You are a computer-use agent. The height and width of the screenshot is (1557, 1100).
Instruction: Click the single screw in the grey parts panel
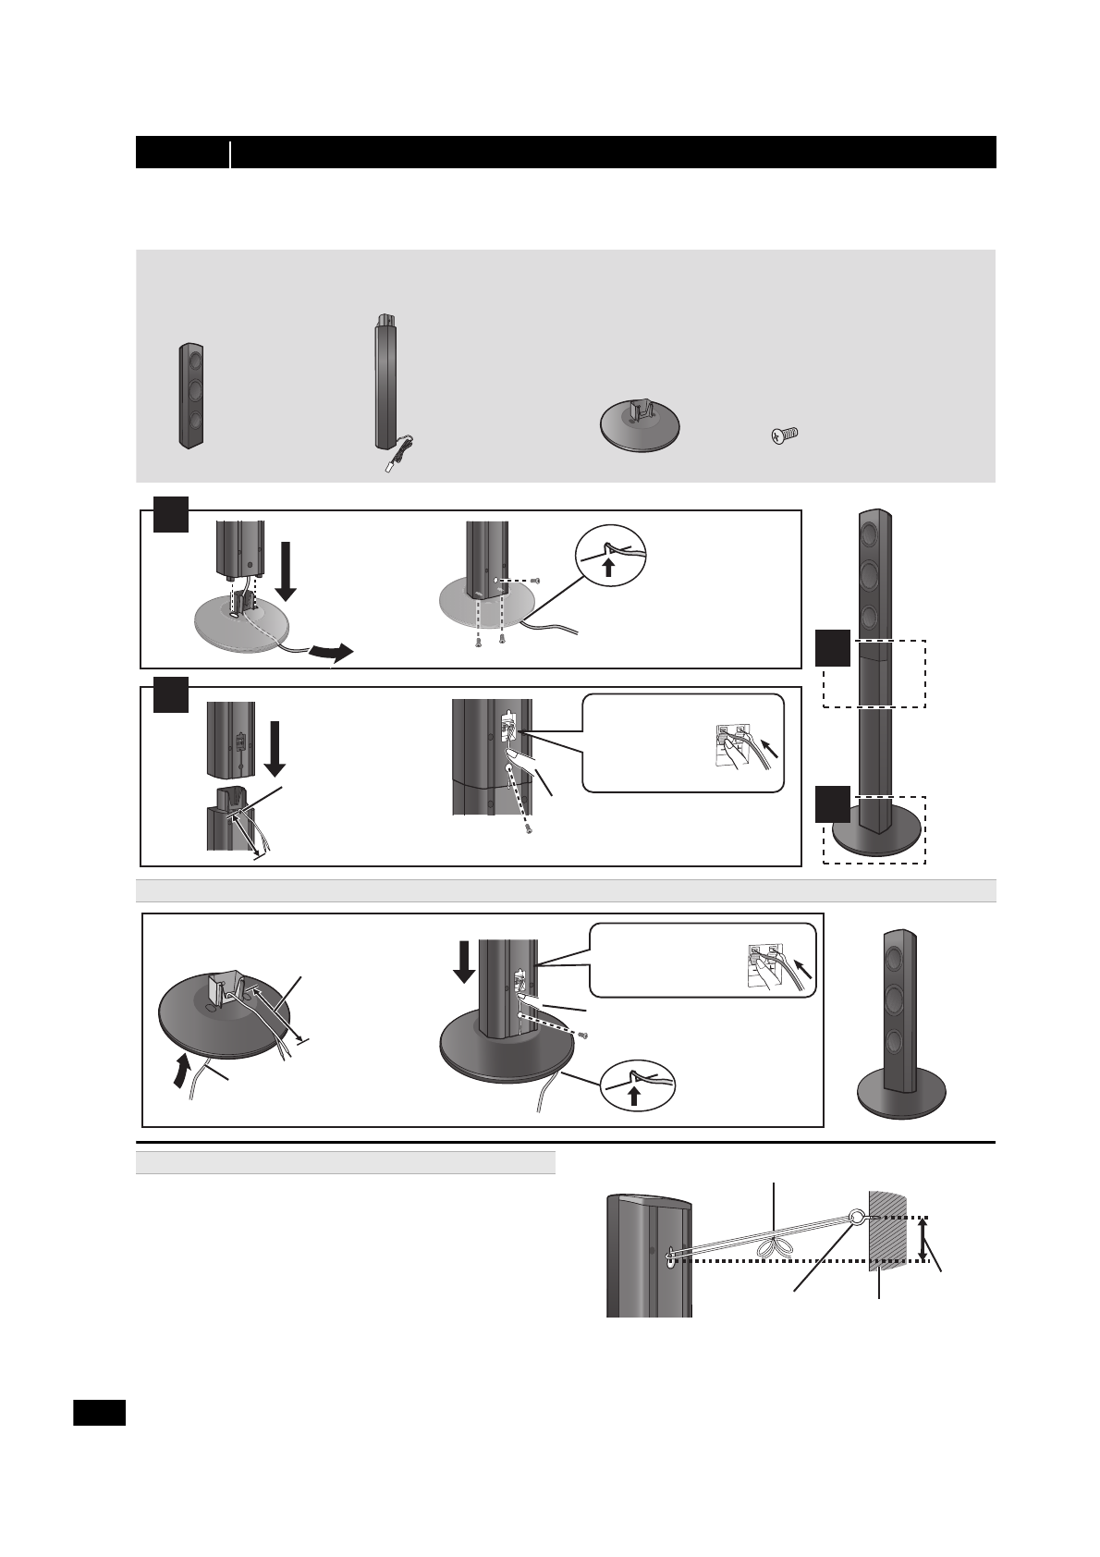tap(785, 434)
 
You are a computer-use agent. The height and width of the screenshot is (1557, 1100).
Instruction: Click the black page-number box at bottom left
tap(99, 1413)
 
